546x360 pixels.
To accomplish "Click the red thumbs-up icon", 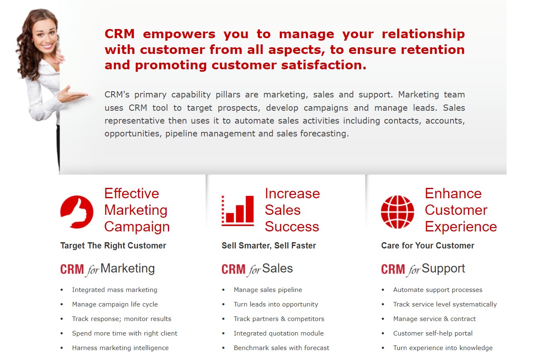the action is click(77, 212).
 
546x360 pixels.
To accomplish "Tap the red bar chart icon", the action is click(238, 211).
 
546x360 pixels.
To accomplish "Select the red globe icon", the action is click(397, 212).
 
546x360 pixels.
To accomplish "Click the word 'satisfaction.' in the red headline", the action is click(324, 65).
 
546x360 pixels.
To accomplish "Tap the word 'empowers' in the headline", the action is click(179, 34).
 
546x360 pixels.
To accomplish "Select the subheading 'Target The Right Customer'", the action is click(113, 246).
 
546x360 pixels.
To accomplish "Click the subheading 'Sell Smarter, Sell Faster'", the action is click(269, 246).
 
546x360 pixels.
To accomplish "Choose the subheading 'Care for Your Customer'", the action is click(428, 246).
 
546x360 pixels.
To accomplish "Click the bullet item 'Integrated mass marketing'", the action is click(114, 290).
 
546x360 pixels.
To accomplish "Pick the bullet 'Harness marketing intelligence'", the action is click(120, 348).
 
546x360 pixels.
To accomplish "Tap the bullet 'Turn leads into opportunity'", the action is click(276, 304).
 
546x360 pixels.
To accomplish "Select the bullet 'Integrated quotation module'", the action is click(279, 333).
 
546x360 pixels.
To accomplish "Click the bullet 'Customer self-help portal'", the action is click(433, 333).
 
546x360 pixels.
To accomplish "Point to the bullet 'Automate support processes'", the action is click(437, 290).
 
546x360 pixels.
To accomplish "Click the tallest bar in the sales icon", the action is click(249, 209).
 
